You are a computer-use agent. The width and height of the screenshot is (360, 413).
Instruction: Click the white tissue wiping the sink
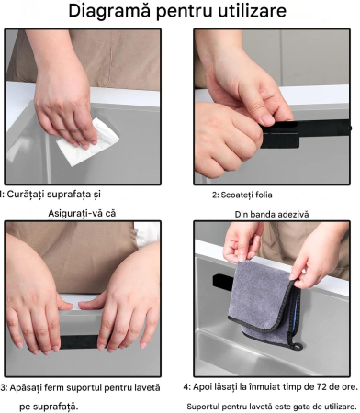(x=87, y=142)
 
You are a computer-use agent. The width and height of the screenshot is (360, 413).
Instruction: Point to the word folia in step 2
(x=264, y=195)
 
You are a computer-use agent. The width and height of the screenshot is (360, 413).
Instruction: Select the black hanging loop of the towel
(x=297, y=346)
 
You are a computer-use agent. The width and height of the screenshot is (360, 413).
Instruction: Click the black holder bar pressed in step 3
(x=79, y=341)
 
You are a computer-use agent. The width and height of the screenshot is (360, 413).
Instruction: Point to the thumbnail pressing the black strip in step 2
(x=268, y=120)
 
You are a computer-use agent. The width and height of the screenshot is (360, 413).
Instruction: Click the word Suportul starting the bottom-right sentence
(x=203, y=407)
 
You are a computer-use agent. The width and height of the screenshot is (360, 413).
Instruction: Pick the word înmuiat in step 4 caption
(x=264, y=387)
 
